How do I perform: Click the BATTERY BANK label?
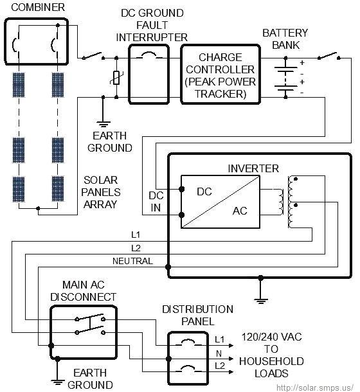pyautogui.click(x=285, y=39)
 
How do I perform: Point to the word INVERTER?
pyautogui.click(x=253, y=168)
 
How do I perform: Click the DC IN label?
pyautogui.click(x=156, y=200)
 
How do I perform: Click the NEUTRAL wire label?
pyautogui.click(x=132, y=261)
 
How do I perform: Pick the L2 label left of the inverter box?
pyautogui.click(x=135, y=248)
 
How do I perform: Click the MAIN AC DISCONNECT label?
pyautogui.click(x=89, y=290)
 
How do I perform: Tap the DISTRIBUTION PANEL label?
pyautogui.click(x=197, y=315)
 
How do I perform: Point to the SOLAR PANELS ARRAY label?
pyautogui.click(x=102, y=192)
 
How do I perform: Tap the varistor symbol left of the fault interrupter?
pyautogui.click(x=116, y=77)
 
